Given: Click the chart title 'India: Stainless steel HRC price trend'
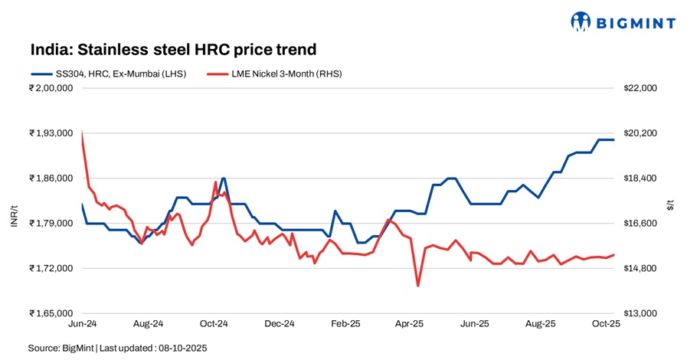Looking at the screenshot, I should [x=173, y=50].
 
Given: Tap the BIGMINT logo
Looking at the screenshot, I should [x=623, y=22].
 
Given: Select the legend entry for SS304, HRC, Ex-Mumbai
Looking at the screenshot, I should [x=106, y=74].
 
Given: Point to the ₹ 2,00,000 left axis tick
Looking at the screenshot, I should [x=51, y=88].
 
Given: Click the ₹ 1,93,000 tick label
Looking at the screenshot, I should [x=51, y=133].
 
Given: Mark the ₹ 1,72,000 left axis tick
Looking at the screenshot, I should [x=51, y=269].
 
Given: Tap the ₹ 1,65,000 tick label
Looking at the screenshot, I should [x=51, y=314].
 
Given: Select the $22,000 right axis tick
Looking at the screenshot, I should [x=641, y=88].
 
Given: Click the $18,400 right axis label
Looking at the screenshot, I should [x=641, y=178].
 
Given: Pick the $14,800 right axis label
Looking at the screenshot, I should [x=641, y=269].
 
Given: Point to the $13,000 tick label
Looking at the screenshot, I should [x=641, y=314].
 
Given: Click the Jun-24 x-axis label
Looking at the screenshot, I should [x=81, y=325].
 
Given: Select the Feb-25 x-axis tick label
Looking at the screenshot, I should [x=345, y=325].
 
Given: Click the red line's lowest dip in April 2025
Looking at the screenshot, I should [x=417, y=286].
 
